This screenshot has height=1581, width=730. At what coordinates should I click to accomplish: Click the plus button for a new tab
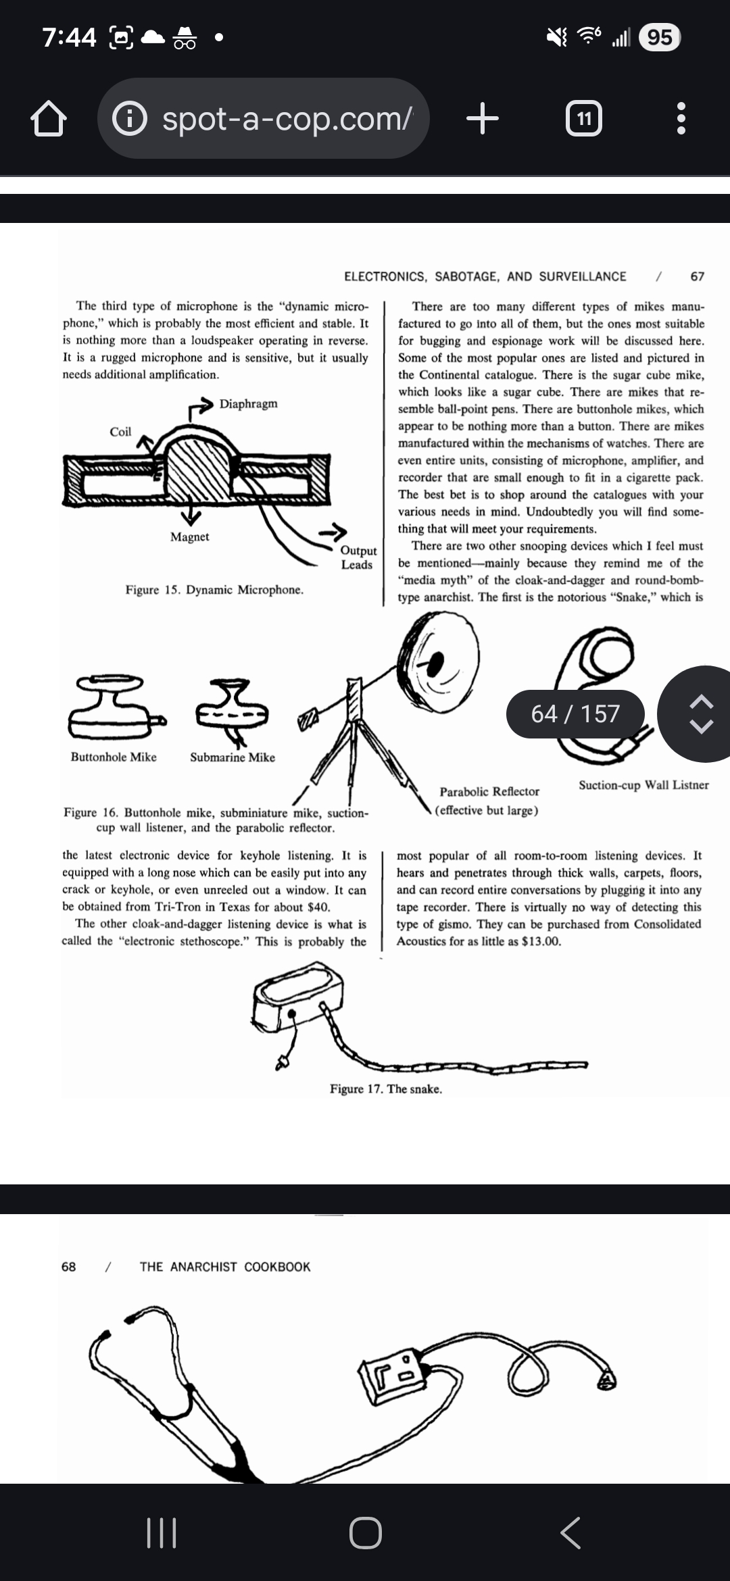click(483, 119)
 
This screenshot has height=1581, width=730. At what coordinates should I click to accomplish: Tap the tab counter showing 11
click(583, 119)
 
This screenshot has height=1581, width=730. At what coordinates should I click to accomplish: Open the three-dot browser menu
click(681, 119)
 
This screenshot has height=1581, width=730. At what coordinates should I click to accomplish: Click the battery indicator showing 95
click(659, 37)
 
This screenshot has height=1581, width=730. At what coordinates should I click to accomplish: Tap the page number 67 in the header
click(697, 276)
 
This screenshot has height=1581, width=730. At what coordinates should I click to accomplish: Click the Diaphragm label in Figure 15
click(248, 404)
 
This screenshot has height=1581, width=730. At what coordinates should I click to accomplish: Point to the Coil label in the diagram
click(120, 432)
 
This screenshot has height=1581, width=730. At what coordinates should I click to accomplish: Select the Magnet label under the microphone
click(189, 537)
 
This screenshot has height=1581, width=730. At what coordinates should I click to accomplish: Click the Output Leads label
click(358, 558)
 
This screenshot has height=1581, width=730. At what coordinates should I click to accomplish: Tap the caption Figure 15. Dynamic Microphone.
click(214, 590)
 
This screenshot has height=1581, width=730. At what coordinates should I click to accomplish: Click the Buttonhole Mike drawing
click(114, 707)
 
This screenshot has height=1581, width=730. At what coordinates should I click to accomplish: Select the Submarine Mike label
click(233, 757)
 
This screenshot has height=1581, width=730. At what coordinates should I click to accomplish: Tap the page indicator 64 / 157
click(575, 713)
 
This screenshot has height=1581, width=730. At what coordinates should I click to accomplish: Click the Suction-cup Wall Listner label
click(643, 785)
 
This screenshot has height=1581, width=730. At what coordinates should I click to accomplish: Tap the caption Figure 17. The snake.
click(385, 1089)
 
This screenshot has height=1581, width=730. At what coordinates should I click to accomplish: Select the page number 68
click(68, 1267)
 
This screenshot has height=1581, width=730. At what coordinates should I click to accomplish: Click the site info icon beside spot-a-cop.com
click(129, 120)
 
